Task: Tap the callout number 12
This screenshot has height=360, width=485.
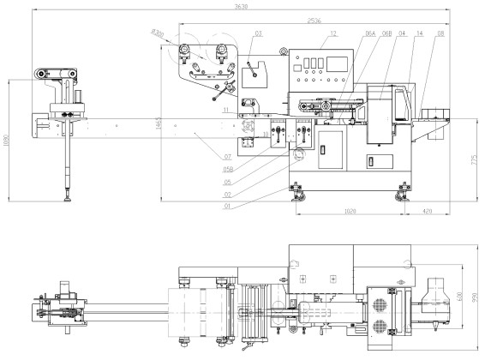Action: click(333, 33)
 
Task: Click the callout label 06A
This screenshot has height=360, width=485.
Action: click(370, 33)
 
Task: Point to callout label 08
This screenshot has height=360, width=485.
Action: click(440, 33)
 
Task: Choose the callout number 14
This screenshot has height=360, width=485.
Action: click(418, 33)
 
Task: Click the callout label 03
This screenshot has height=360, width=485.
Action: click(258, 33)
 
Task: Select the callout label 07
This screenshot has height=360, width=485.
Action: click(227, 157)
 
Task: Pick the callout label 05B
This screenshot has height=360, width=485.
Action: click(226, 169)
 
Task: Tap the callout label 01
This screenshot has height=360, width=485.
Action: click(227, 206)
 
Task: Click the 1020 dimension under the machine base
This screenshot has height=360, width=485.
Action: click(350, 210)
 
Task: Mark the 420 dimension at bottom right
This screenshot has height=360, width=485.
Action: click(427, 210)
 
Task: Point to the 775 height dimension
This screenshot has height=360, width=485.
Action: click(474, 159)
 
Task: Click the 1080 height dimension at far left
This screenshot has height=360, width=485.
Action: click(9, 141)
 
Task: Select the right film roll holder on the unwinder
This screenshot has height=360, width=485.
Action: click(225, 53)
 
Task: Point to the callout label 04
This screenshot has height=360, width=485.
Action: click(402, 33)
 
